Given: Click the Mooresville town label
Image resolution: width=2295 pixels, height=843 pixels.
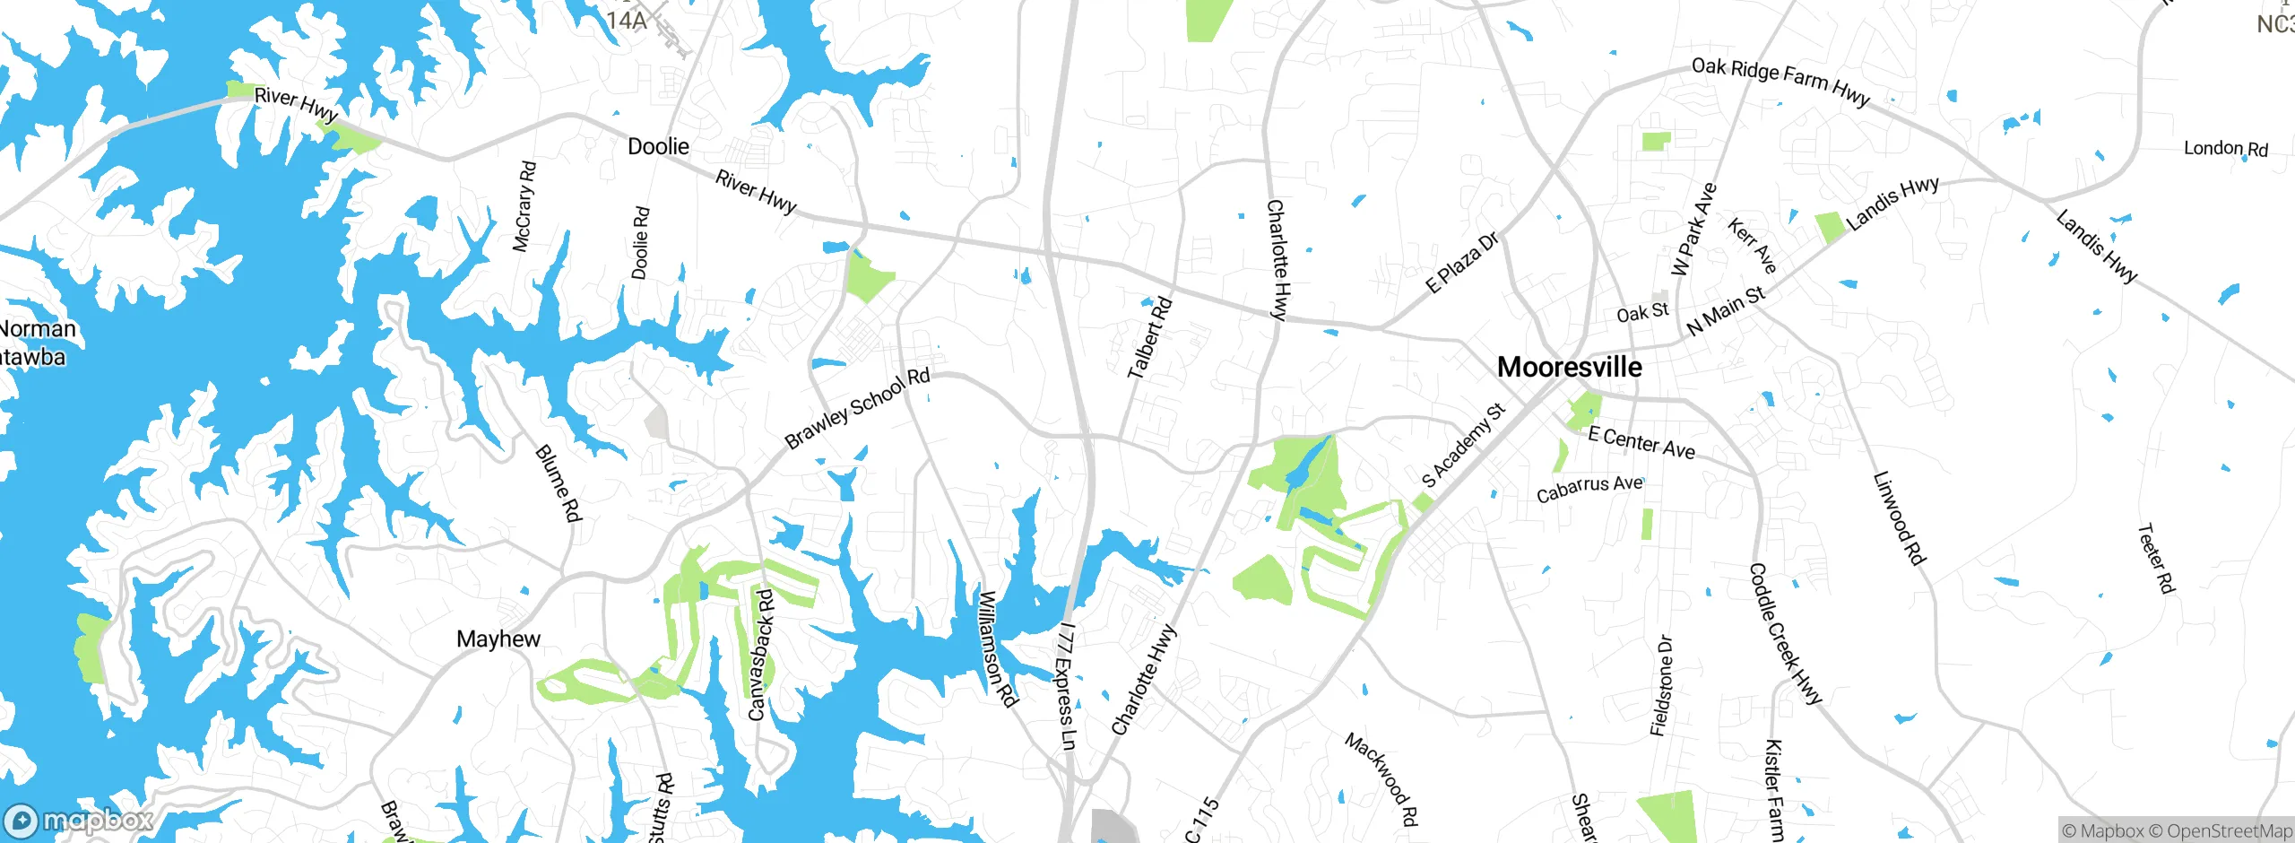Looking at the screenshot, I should pos(1570,367).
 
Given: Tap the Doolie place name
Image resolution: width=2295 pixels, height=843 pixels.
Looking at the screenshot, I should pos(658,146).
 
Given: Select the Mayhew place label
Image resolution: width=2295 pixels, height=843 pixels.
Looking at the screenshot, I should pos(498,639).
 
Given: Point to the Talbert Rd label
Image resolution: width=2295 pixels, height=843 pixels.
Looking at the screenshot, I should pos(1149,337).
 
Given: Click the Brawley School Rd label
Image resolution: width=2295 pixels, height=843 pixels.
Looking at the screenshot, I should pos(857,408).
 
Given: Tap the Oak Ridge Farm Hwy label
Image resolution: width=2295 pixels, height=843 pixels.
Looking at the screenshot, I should pos(1780,82).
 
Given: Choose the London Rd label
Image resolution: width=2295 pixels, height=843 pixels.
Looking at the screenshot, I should pos(2225,148).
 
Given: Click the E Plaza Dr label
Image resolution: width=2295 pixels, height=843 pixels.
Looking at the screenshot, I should pos(1461,262).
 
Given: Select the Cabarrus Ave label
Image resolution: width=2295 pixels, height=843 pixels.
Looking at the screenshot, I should pos(1589,489).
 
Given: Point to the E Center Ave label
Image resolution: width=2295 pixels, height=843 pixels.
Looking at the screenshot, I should pos(1641,443).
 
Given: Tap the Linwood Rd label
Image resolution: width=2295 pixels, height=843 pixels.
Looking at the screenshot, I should pos(1899,518).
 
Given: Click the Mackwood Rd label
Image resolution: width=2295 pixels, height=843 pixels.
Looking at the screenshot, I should pos(1381,778).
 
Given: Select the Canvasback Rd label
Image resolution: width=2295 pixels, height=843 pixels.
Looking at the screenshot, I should pos(760,655).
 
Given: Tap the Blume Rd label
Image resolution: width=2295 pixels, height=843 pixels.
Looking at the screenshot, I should pos(559,482).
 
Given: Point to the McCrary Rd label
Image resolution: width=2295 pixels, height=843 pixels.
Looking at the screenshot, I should pos(524,206).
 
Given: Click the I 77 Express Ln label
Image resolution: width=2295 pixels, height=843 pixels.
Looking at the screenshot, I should pos(1066,685).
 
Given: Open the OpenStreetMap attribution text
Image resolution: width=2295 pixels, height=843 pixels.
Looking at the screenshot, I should pos(2220,831).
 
